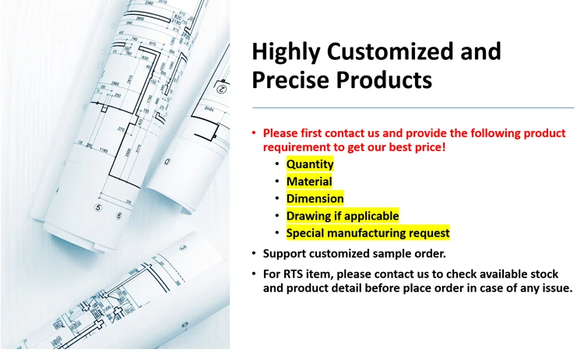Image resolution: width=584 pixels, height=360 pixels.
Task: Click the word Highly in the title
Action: (x=286, y=52)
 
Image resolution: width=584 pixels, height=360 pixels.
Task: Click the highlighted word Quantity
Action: (x=310, y=164)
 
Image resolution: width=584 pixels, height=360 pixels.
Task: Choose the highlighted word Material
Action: (x=309, y=182)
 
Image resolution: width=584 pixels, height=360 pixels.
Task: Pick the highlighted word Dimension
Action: (x=315, y=199)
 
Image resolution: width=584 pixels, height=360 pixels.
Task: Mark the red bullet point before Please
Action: (x=254, y=132)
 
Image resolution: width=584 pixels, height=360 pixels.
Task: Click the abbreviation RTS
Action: (x=293, y=274)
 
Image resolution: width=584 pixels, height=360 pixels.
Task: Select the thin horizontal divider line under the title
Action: (x=413, y=108)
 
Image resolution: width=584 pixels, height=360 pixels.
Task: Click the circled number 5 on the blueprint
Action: (x=98, y=207)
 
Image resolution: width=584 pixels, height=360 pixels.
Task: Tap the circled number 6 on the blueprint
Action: (x=119, y=215)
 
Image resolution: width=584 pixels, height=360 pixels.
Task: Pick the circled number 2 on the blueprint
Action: (x=221, y=89)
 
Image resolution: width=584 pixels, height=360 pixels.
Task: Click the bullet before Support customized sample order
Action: (x=254, y=253)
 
